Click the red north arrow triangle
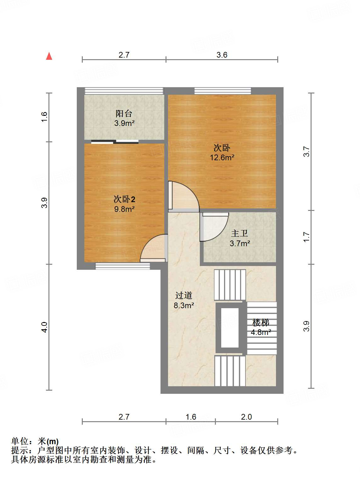pyautogui.click(x=49, y=56)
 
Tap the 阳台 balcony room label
pyautogui.click(x=124, y=113)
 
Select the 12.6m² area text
pyautogui.click(x=222, y=157)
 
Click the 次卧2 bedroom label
pyautogui.click(x=124, y=199)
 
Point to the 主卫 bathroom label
pyautogui.click(x=239, y=233)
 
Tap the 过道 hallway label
pyautogui.click(x=183, y=295)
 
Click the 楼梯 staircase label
pyautogui.click(x=261, y=323)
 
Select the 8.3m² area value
pyautogui.click(x=183, y=305)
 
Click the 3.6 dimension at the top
pyautogui.click(x=222, y=55)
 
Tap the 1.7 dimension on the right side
pyautogui.click(x=307, y=237)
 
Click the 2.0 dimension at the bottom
pyautogui.click(x=246, y=417)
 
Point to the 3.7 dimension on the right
pyautogui.click(x=307, y=152)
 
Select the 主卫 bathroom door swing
pyautogui.click(x=216, y=227)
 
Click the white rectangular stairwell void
pyautogui.click(x=230, y=328)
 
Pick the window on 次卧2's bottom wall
pyautogui.click(x=123, y=267)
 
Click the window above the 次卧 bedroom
pyautogui.click(x=222, y=91)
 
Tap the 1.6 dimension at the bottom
pyautogui.click(x=191, y=417)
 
